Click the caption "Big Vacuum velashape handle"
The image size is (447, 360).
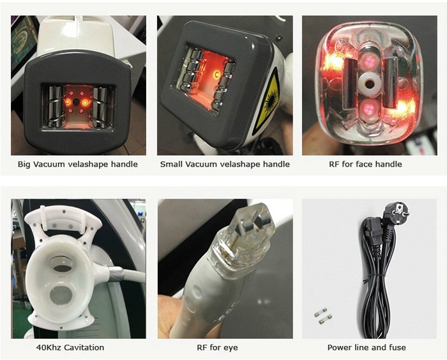pyautogui.click(x=77, y=165)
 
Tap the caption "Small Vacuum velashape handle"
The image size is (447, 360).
pyautogui.click(x=225, y=165)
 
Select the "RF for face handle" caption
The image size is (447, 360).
pyautogui.click(x=365, y=164)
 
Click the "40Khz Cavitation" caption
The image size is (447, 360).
pyautogui.click(x=70, y=347)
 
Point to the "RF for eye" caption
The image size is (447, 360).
pyautogui.click(x=217, y=348)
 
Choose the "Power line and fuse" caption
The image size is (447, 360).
pyautogui.click(x=367, y=347)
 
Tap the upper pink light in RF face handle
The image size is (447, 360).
pyautogui.click(x=370, y=59)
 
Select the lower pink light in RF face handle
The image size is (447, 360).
pyautogui.click(x=370, y=109)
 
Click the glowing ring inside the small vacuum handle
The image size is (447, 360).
pyautogui.click(x=216, y=75)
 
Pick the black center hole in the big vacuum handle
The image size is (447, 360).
pyautogui.click(x=76, y=101)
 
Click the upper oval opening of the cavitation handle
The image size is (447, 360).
pyautogui.click(x=61, y=264)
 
